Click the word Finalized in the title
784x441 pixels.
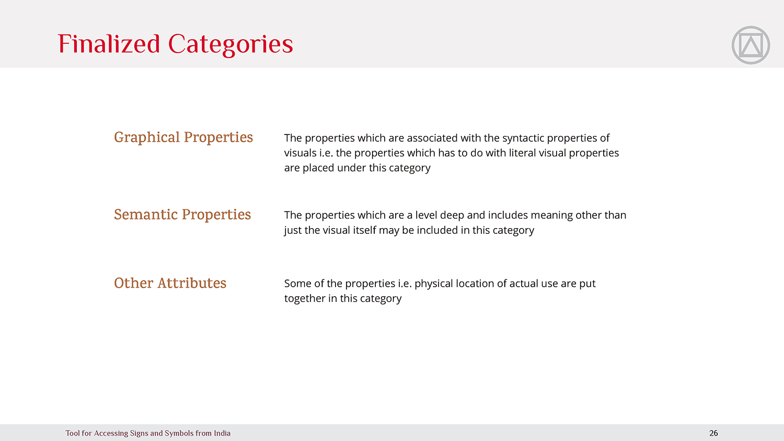click(109, 44)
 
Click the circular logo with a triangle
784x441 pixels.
click(751, 45)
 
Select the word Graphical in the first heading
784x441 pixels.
click(147, 138)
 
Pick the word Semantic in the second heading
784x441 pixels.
click(146, 214)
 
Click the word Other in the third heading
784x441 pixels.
click(134, 283)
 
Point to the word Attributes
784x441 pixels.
click(192, 283)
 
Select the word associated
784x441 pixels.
click(432, 138)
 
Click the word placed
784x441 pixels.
click(318, 168)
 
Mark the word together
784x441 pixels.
click(305, 299)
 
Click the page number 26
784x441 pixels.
click(713, 433)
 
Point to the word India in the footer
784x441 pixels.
click(222, 433)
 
